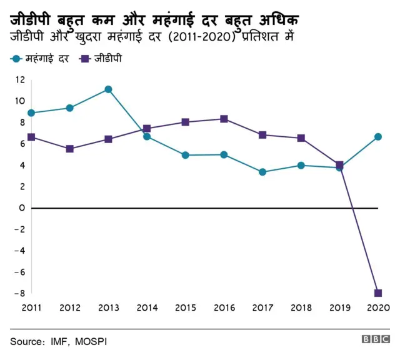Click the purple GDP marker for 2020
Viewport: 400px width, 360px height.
pyautogui.click(x=378, y=293)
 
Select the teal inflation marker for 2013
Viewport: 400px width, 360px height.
pyautogui.click(x=108, y=89)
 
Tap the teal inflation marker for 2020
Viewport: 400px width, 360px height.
pyautogui.click(x=378, y=137)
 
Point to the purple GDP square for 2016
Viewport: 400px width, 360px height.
pyautogui.click(x=224, y=119)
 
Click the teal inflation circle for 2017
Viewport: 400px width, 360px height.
pyautogui.click(x=262, y=172)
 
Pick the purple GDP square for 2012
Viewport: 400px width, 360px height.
pyautogui.click(x=69, y=149)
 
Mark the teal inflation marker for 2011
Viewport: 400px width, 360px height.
pyautogui.click(x=31, y=113)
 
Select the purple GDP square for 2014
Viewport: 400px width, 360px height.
pyautogui.click(x=147, y=129)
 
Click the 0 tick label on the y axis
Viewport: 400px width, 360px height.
pyautogui.click(x=22, y=207)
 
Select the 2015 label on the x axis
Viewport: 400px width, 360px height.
pyautogui.click(x=185, y=307)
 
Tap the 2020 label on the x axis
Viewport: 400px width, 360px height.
pyautogui.click(x=378, y=307)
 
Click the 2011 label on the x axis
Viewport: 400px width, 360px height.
pyautogui.click(x=31, y=307)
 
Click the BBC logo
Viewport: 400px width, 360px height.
pyautogui.click(x=375, y=339)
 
